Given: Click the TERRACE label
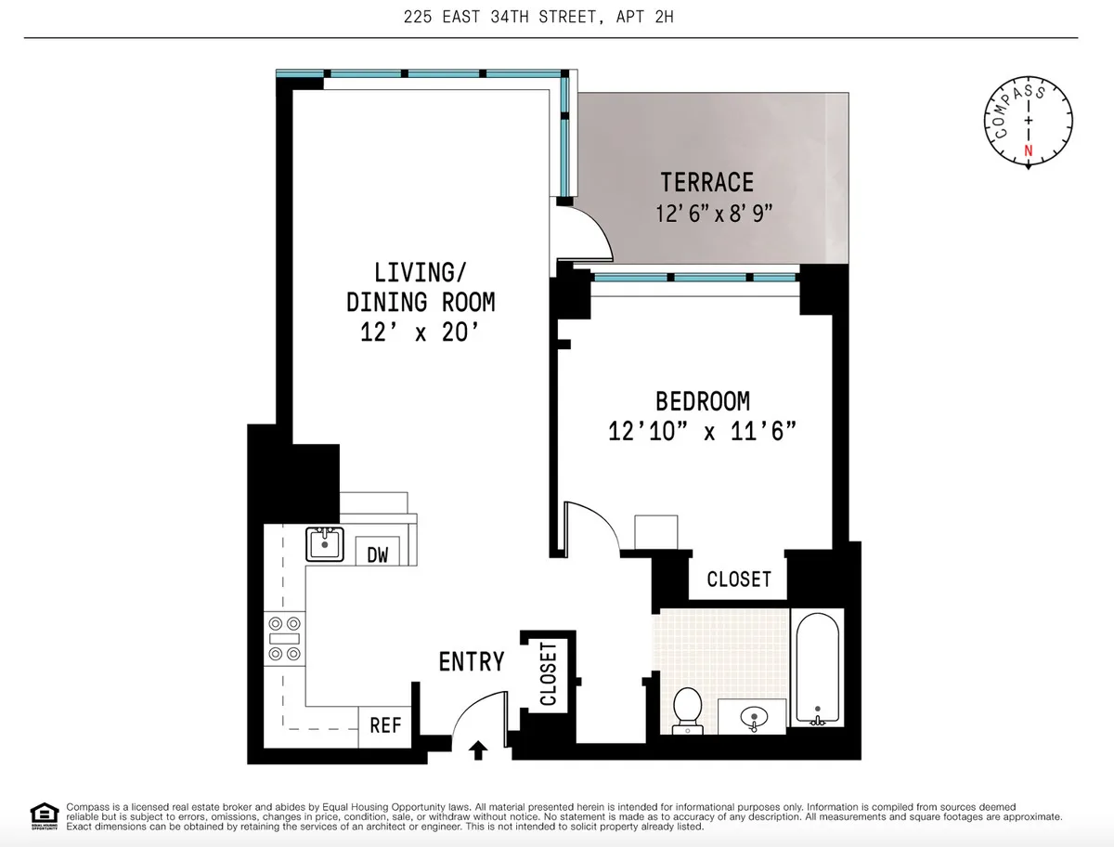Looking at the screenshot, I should (x=706, y=182).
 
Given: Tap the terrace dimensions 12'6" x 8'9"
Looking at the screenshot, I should (x=714, y=214).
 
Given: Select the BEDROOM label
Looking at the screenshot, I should (x=703, y=401).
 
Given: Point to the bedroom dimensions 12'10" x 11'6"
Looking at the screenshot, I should (x=703, y=432).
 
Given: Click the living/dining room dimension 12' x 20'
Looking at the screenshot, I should (x=421, y=332).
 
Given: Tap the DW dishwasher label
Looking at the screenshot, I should (x=377, y=555).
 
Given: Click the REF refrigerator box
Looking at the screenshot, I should (x=385, y=724).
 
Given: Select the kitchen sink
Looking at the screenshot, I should (x=325, y=543).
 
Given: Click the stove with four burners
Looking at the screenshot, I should (x=284, y=639).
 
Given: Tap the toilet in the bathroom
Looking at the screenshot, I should (x=688, y=710).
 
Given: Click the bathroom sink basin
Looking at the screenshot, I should (x=751, y=717).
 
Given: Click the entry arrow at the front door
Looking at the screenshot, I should (x=479, y=749).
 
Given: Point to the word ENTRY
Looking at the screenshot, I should (x=472, y=662).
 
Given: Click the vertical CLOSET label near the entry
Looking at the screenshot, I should (x=548, y=673).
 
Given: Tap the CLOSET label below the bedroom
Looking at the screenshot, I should (x=739, y=580).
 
